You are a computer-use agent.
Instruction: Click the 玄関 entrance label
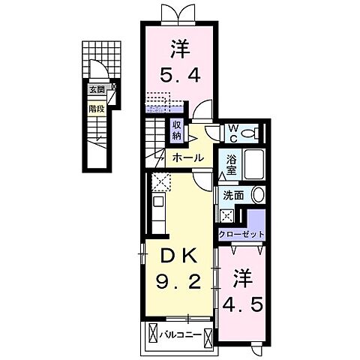coord(97,89)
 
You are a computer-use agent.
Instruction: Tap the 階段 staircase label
coord(97,106)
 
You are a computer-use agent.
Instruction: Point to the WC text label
coord(233,132)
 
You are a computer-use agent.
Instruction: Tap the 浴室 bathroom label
coord(232,164)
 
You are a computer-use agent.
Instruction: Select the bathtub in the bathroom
coord(253,164)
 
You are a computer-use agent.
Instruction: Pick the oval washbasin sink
coord(258,195)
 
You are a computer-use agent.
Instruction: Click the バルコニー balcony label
coord(181,334)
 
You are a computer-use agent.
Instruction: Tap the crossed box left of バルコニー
coord(154,334)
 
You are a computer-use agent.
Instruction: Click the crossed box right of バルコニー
coord(207,334)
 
